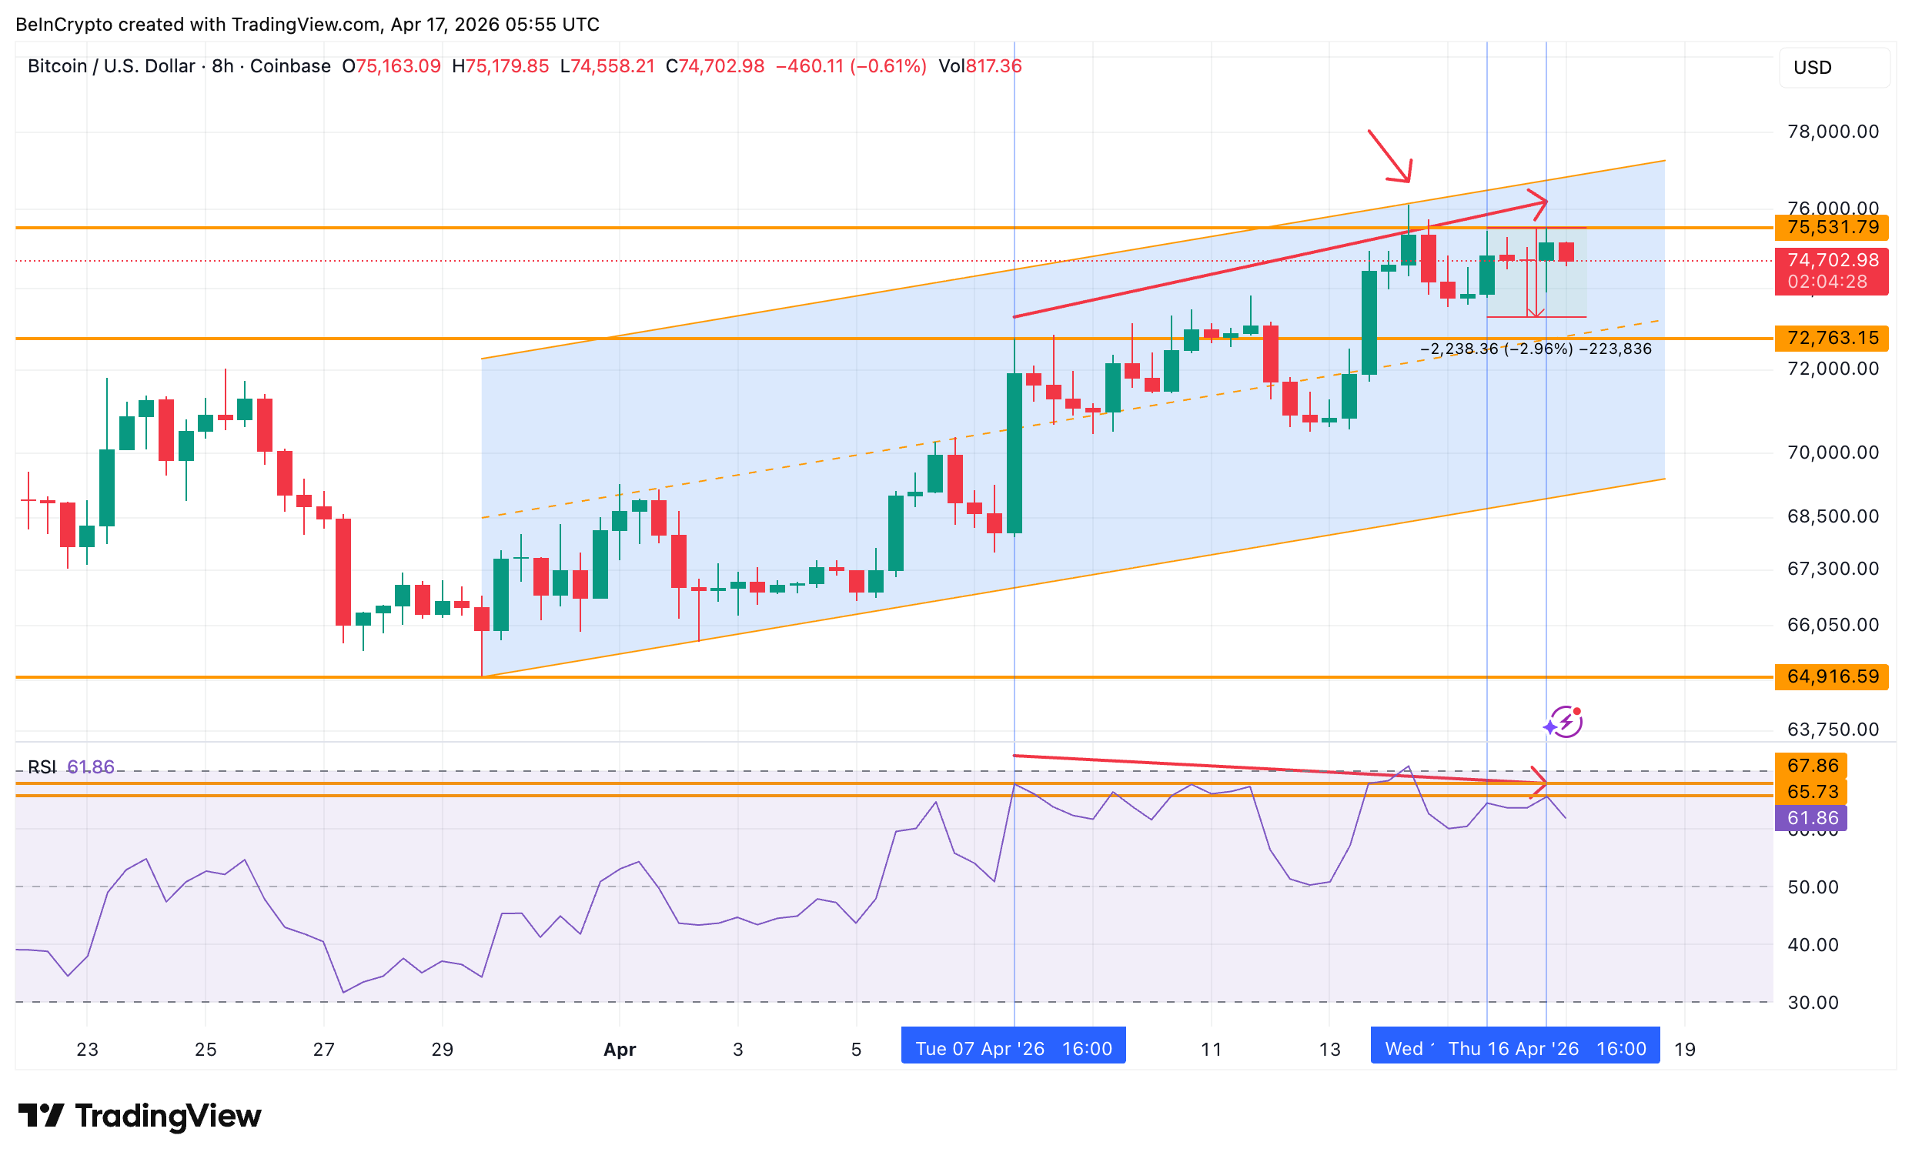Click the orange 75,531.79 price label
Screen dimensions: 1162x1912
coord(1831,227)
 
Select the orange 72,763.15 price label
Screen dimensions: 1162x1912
coord(1831,338)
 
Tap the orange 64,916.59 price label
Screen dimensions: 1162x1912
coord(1831,676)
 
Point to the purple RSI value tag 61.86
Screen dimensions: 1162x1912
coord(1811,817)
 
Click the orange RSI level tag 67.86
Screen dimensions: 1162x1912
coord(1811,766)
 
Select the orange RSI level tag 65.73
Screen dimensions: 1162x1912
coord(1811,792)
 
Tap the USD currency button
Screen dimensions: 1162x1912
coord(1833,68)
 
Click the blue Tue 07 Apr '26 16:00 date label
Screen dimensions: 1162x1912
coord(1013,1049)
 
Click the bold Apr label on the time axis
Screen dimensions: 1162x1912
coord(619,1050)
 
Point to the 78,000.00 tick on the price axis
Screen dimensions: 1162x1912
coord(1832,132)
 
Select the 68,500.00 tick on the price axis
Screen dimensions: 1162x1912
coord(1832,516)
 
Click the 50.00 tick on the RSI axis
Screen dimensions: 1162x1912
coord(1812,887)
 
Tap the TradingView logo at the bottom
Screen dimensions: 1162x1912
coord(139,1116)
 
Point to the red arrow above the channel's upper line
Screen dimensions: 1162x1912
coord(1390,157)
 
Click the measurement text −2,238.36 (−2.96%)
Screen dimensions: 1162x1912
coord(1496,349)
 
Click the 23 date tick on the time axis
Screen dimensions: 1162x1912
coord(87,1050)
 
